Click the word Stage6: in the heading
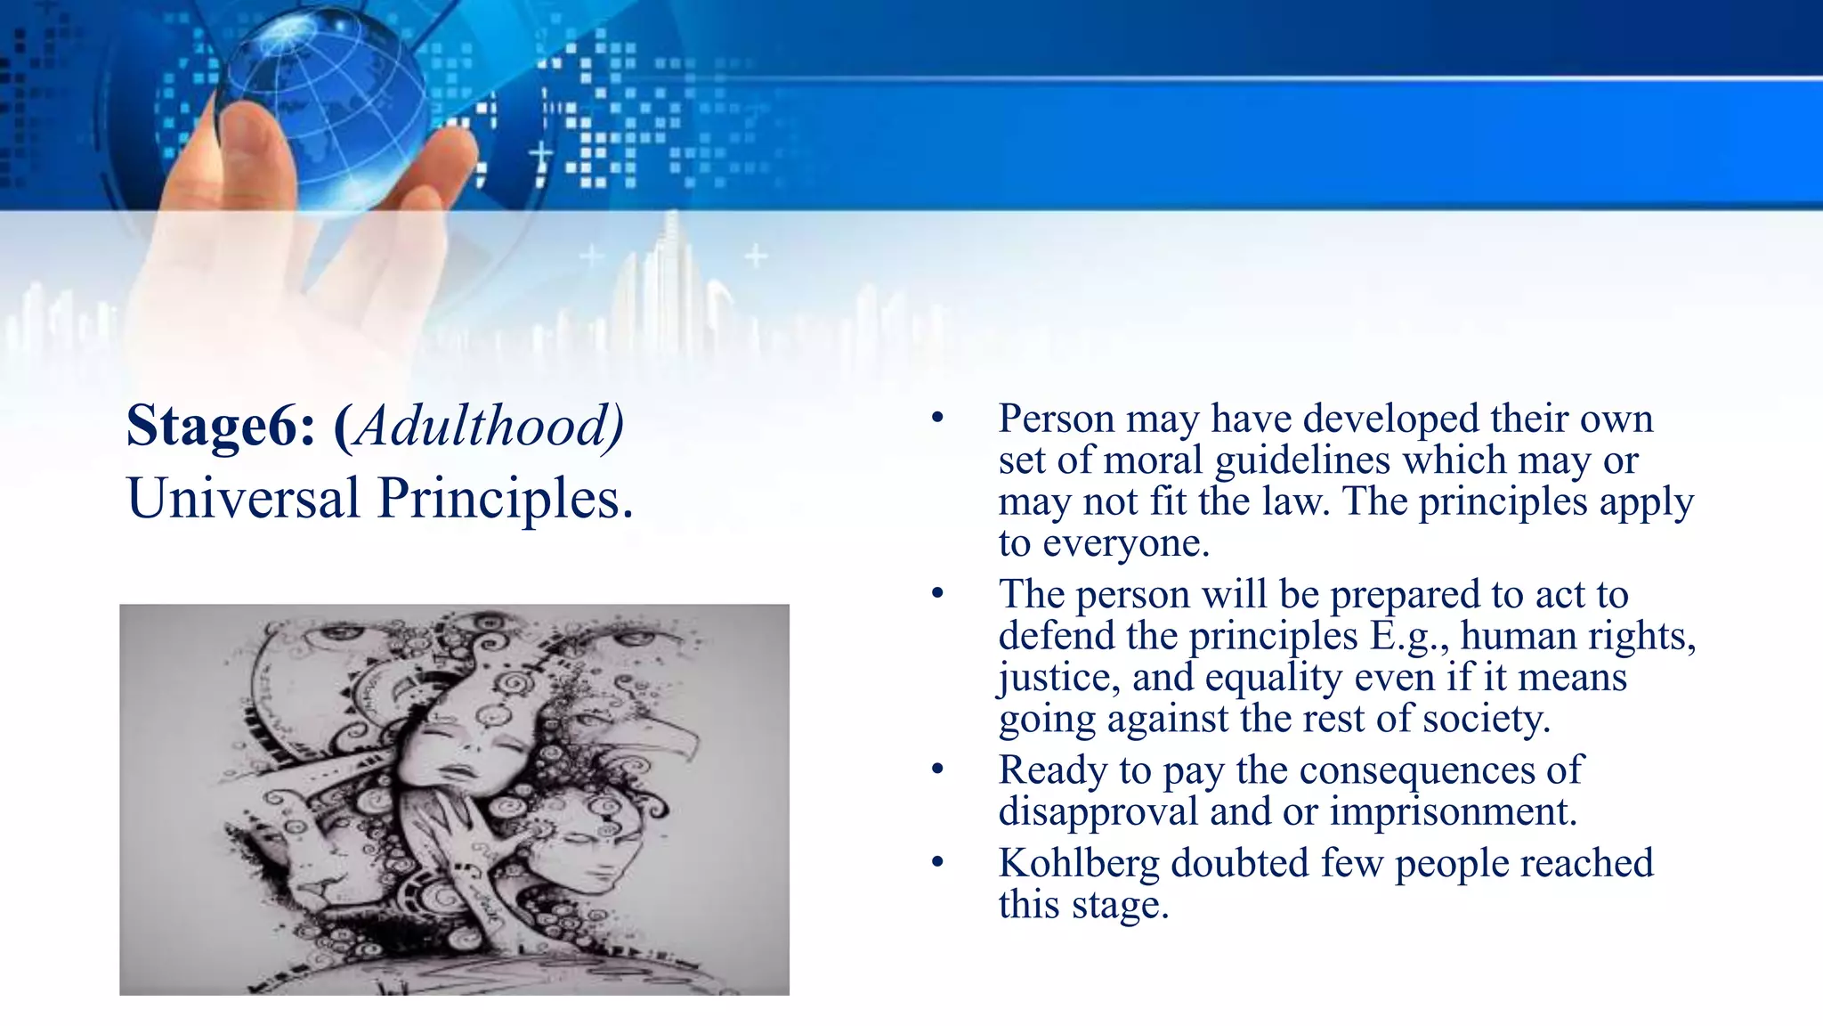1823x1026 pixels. tap(221, 426)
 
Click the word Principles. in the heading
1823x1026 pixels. tap(506, 499)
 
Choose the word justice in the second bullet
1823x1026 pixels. tap(1057, 678)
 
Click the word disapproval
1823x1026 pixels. tap(1097, 811)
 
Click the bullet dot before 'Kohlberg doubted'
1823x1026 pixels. tap(936, 862)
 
